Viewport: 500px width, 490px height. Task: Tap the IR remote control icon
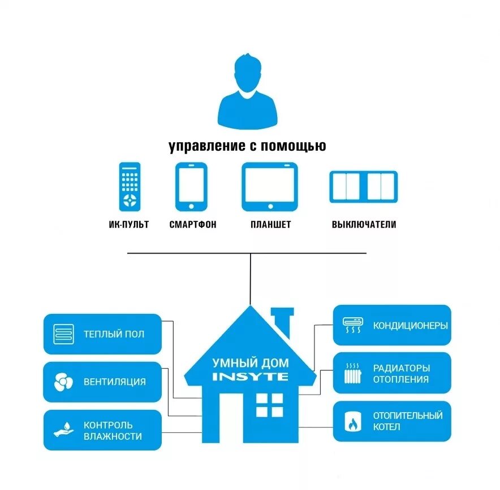pos(130,187)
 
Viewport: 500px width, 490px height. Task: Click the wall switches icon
pos(364,187)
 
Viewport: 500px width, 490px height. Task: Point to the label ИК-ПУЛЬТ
pos(128,225)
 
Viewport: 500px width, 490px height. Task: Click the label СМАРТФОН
pos(193,225)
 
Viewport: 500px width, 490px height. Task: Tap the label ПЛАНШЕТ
pos(271,225)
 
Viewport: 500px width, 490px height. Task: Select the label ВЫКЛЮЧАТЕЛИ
pos(364,225)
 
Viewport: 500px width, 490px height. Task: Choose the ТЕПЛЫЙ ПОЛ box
pos(102,334)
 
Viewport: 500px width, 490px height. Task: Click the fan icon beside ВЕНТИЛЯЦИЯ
pos(63,382)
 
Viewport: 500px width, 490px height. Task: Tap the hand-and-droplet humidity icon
pos(63,430)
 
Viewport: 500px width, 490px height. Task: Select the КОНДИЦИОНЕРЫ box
pos(392,326)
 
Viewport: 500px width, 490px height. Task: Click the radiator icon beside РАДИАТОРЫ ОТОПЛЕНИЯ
pos(353,373)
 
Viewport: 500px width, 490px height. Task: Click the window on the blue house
pos(269,405)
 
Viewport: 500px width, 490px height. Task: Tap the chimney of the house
pos(282,320)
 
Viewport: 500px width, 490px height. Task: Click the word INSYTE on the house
pos(250,377)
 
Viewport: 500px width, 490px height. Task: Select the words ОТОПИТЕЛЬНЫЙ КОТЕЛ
pos(407,421)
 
